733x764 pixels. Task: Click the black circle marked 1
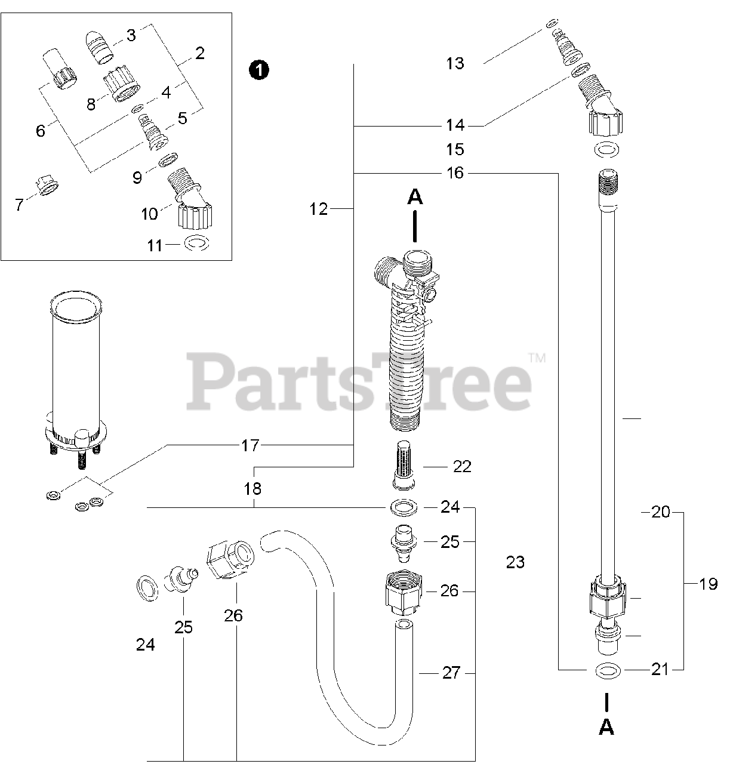[258, 70]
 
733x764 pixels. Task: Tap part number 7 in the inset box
[19, 205]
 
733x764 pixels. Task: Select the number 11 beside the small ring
[155, 245]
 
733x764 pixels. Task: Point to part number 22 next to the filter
[462, 466]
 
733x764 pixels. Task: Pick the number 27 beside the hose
[451, 673]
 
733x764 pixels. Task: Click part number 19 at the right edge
[709, 584]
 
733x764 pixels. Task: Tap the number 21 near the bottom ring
[660, 670]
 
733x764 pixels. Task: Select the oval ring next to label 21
[607, 671]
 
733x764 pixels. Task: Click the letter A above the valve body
[415, 198]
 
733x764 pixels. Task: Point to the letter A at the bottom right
[606, 726]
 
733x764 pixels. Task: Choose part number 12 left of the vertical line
[319, 209]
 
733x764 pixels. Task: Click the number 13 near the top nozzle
[455, 63]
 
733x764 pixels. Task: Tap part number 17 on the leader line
[251, 445]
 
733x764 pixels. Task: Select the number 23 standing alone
[515, 562]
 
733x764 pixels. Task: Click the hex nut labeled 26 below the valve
[403, 593]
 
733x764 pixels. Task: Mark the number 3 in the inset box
[131, 35]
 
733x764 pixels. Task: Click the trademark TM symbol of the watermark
[537, 358]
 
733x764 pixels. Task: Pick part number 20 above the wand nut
[661, 512]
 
